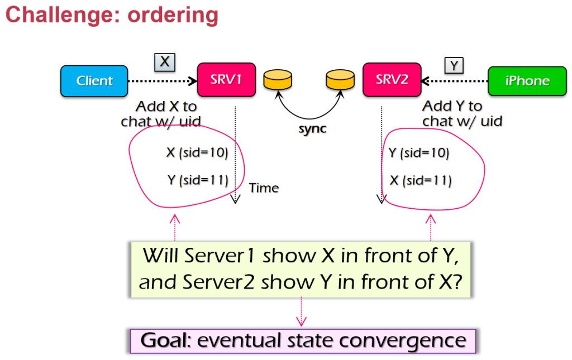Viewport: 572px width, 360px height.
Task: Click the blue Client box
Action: (94, 81)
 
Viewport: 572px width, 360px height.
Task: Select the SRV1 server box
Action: (226, 80)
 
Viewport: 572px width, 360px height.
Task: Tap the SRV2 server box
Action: (392, 80)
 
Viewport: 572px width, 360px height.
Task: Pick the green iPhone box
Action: (527, 81)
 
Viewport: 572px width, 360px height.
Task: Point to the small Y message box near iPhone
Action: (454, 65)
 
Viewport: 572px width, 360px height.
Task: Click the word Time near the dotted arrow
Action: (264, 188)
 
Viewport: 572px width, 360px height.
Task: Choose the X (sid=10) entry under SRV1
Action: (197, 153)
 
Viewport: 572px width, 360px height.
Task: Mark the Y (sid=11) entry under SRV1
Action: (197, 180)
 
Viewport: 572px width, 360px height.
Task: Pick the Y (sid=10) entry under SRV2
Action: (418, 153)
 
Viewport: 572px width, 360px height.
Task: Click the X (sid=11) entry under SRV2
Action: (421, 181)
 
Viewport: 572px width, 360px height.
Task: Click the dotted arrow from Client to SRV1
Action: (163, 81)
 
